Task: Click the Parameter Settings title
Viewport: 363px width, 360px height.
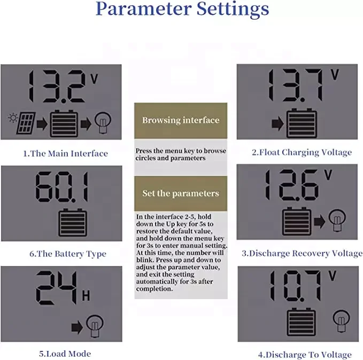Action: point(182,10)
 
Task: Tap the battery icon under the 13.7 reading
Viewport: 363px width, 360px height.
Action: point(302,124)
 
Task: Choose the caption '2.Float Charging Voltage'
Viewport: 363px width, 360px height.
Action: point(302,152)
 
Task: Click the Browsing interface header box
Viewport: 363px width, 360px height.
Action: point(181,120)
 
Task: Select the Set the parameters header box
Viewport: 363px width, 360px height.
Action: point(181,193)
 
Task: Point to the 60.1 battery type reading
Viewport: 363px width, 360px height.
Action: point(61,187)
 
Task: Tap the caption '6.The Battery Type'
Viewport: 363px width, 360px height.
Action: point(67,254)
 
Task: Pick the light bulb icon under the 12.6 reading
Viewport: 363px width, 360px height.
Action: point(335,220)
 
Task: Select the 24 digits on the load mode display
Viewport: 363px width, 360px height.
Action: point(52,289)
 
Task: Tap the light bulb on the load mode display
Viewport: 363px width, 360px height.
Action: point(95,325)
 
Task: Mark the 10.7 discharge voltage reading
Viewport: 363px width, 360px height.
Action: point(295,287)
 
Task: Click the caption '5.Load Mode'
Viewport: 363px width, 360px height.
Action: point(65,354)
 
